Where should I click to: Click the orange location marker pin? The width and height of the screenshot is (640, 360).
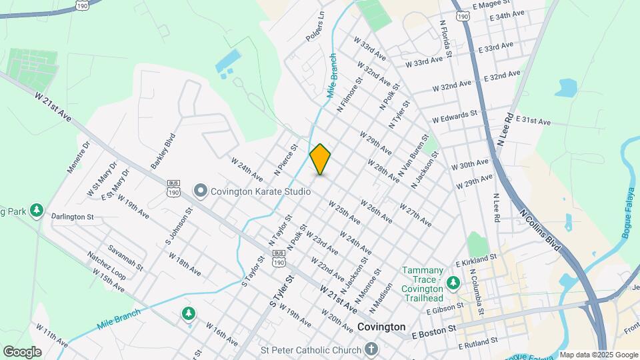(320, 159)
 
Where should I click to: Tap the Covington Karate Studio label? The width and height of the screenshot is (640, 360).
(261, 191)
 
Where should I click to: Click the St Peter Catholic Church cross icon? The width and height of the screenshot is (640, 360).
(371, 348)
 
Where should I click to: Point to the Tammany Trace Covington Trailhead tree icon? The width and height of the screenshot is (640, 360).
(453, 283)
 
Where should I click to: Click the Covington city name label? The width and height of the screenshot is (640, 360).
(381, 327)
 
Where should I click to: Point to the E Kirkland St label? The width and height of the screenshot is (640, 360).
(477, 257)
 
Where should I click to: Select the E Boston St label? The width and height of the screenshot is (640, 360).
(433, 329)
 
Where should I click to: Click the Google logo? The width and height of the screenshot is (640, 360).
(22, 351)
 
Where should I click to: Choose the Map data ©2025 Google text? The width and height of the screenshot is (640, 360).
(598, 355)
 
